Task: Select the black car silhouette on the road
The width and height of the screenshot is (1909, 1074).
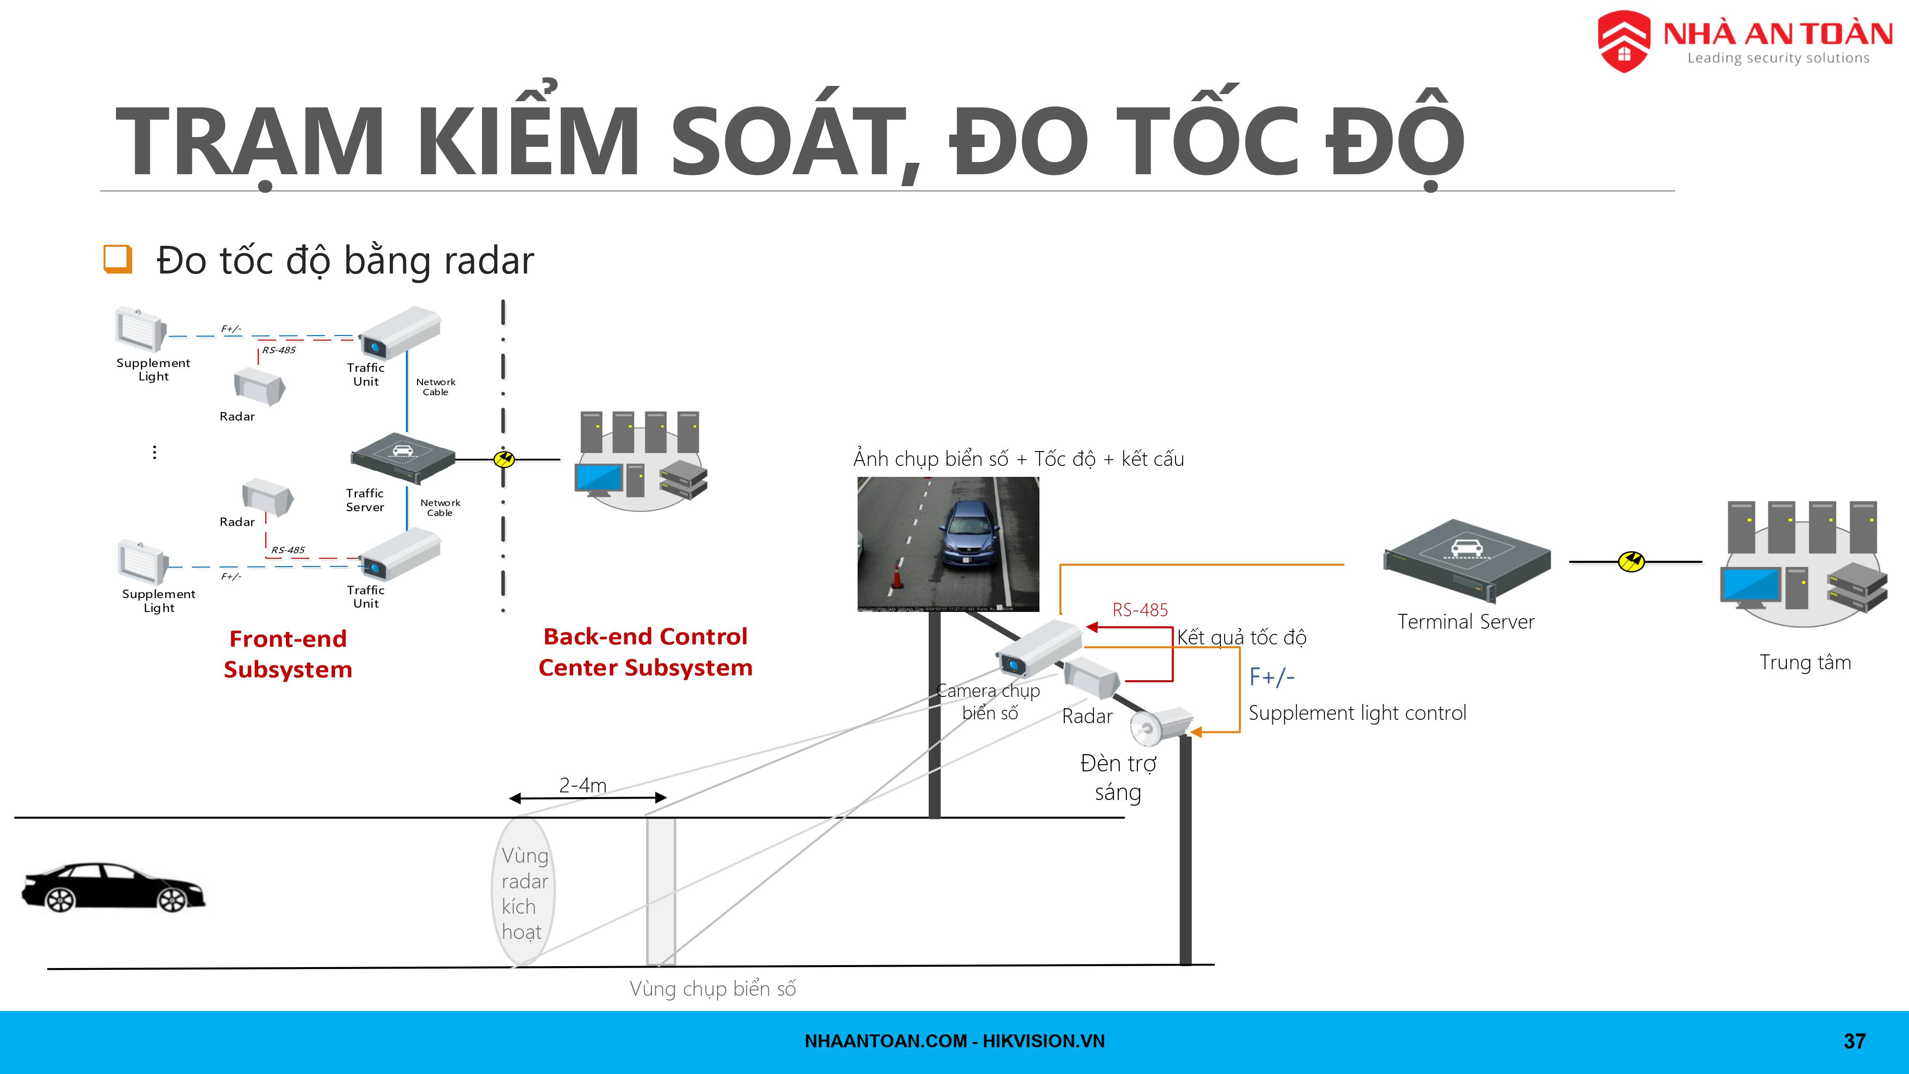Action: point(113,887)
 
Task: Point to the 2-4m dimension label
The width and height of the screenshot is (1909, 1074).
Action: point(582,785)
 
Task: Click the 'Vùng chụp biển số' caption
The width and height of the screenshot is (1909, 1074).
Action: point(712,989)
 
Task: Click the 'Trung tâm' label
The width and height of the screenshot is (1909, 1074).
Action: point(1805,662)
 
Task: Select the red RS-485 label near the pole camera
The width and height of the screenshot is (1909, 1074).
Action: point(1140,610)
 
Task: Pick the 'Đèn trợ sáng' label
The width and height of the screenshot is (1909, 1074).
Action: point(1118,778)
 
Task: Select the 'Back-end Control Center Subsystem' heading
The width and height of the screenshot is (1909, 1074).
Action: point(645,652)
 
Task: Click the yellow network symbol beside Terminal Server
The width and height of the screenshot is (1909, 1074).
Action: point(1631,562)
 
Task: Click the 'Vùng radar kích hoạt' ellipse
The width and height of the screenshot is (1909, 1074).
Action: point(523,892)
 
